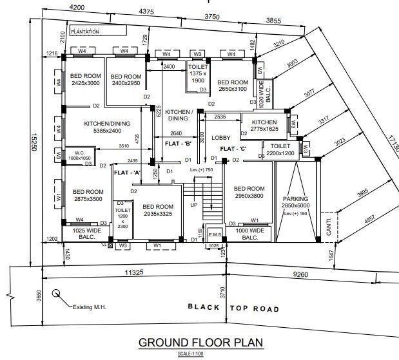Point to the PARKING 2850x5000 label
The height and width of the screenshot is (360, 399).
pos(295,203)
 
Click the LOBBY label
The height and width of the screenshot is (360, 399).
pos(221,138)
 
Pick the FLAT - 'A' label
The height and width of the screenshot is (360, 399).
pos(127,173)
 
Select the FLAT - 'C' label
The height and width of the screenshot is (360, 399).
pos(235,149)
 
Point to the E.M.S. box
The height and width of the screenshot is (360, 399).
pos(215,235)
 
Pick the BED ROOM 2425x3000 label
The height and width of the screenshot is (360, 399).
pos(85,79)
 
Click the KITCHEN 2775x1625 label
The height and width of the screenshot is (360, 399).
pos(264,126)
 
